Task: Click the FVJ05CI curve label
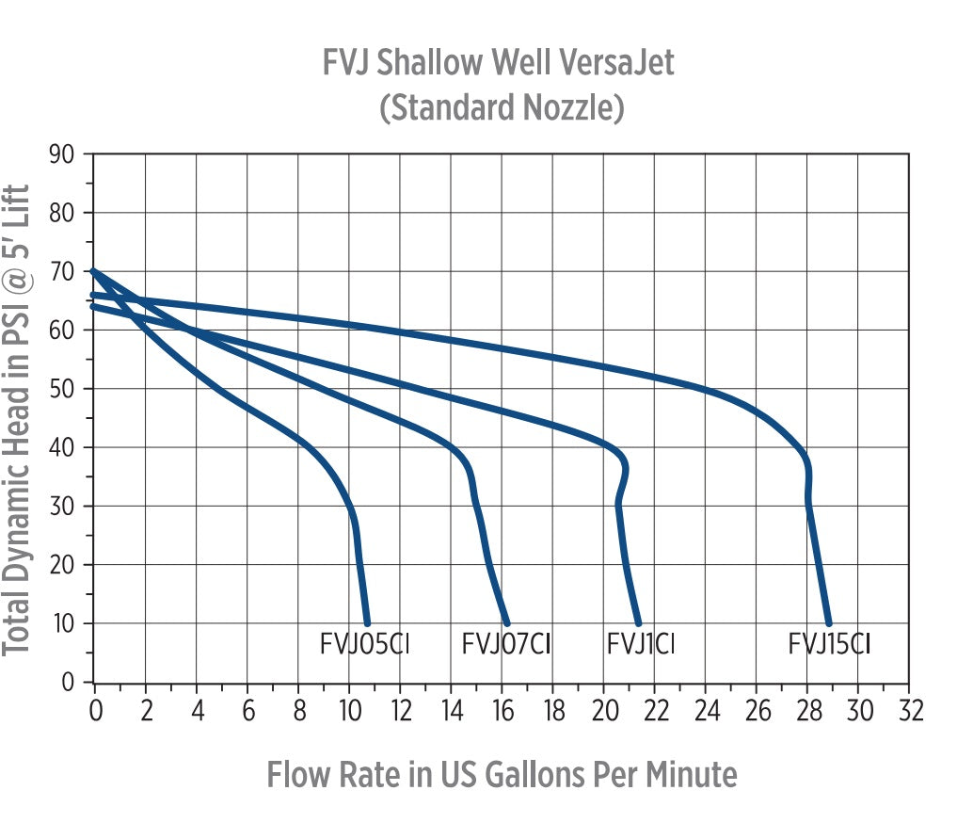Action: click(x=365, y=645)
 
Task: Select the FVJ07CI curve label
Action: click(x=505, y=645)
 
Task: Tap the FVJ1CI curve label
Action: click(x=641, y=645)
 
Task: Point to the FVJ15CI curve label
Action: click(x=829, y=645)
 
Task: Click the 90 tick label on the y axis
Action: click(x=63, y=153)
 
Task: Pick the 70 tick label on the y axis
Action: click(x=63, y=271)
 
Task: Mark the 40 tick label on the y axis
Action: click(x=63, y=447)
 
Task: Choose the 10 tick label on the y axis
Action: click(x=63, y=623)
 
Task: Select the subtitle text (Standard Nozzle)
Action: click(x=501, y=107)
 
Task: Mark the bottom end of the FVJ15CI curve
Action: click(x=829, y=622)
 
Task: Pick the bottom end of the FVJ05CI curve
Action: click(x=367, y=622)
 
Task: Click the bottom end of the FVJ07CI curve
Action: click(x=507, y=622)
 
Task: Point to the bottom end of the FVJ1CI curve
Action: click(x=639, y=622)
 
